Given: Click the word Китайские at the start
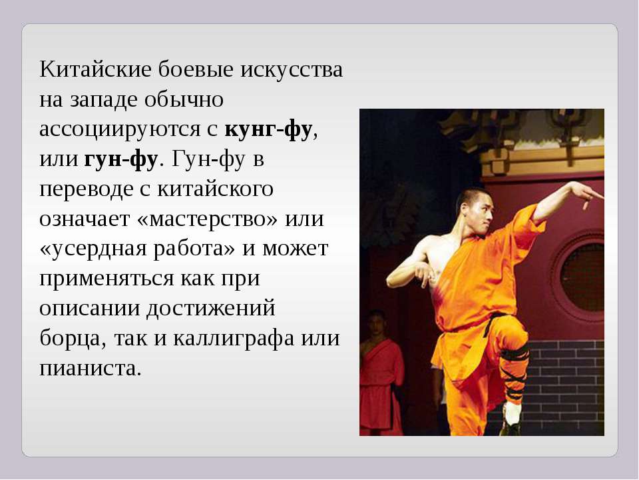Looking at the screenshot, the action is pyautogui.click(x=95, y=69).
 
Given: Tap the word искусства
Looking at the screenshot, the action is pyautogui.click(x=292, y=69).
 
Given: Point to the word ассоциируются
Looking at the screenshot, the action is pyautogui.click(x=120, y=130).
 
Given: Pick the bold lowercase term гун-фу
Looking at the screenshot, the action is pyautogui.click(x=121, y=159).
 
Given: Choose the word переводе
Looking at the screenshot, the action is pyautogui.click(x=87, y=189).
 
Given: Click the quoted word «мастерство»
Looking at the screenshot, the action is pyautogui.click(x=208, y=219).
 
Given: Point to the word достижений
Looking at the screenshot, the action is pyautogui.click(x=211, y=309).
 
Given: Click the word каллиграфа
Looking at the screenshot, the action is pyautogui.click(x=234, y=339).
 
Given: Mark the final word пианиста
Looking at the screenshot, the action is pyautogui.click(x=90, y=369).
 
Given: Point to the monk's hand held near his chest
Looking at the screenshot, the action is pyautogui.click(x=424, y=273).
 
